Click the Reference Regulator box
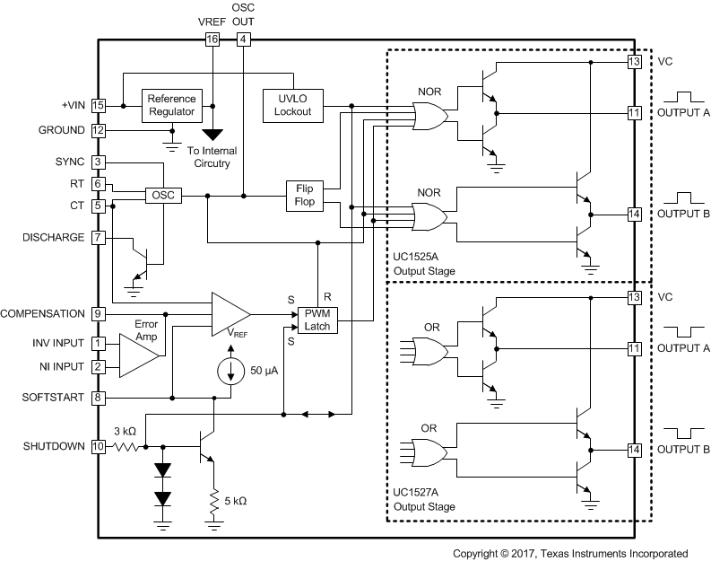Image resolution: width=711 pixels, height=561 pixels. point(171,105)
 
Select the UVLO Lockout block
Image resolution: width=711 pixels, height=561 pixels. point(292,105)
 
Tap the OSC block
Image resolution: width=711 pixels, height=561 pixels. point(163,196)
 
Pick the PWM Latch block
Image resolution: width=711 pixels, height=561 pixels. point(318,320)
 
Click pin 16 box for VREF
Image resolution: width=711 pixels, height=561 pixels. point(212,39)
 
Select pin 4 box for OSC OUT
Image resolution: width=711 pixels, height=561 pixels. point(243,39)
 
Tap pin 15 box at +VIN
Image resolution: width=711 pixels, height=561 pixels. point(100,106)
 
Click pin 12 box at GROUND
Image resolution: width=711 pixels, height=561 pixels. point(100,130)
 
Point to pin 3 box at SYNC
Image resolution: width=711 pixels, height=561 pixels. point(100,162)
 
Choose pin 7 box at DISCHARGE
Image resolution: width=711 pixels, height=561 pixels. point(100,238)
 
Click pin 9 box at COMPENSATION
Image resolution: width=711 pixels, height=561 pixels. point(100,314)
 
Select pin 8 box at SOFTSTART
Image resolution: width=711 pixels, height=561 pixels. point(100,396)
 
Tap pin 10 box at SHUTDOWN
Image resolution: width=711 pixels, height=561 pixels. point(100,446)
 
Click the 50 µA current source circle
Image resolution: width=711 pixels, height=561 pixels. point(231,371)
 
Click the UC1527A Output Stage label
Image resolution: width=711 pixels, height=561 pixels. point(424,500)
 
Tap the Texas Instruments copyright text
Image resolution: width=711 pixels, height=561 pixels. point(570,553)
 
